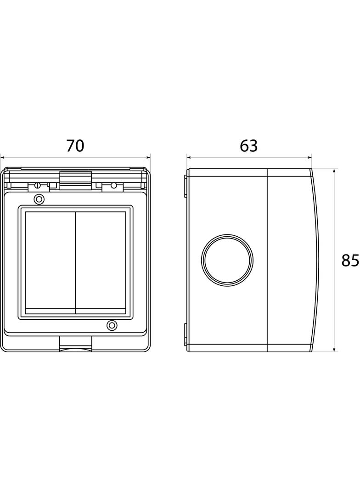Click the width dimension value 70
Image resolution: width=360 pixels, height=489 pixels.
click(75, 145)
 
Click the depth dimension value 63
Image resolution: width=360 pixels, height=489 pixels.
click(248, 145)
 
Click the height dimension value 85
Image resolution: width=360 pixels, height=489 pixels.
click(350, 261)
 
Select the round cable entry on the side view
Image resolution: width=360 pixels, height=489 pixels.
click(227, 260)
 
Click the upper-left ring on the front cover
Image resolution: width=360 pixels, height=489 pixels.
click(39, 199)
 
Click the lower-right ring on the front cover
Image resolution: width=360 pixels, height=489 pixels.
click(112, 325)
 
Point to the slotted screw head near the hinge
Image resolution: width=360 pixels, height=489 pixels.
click(38, 185)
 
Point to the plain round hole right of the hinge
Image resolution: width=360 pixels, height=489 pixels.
click(114, 186)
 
